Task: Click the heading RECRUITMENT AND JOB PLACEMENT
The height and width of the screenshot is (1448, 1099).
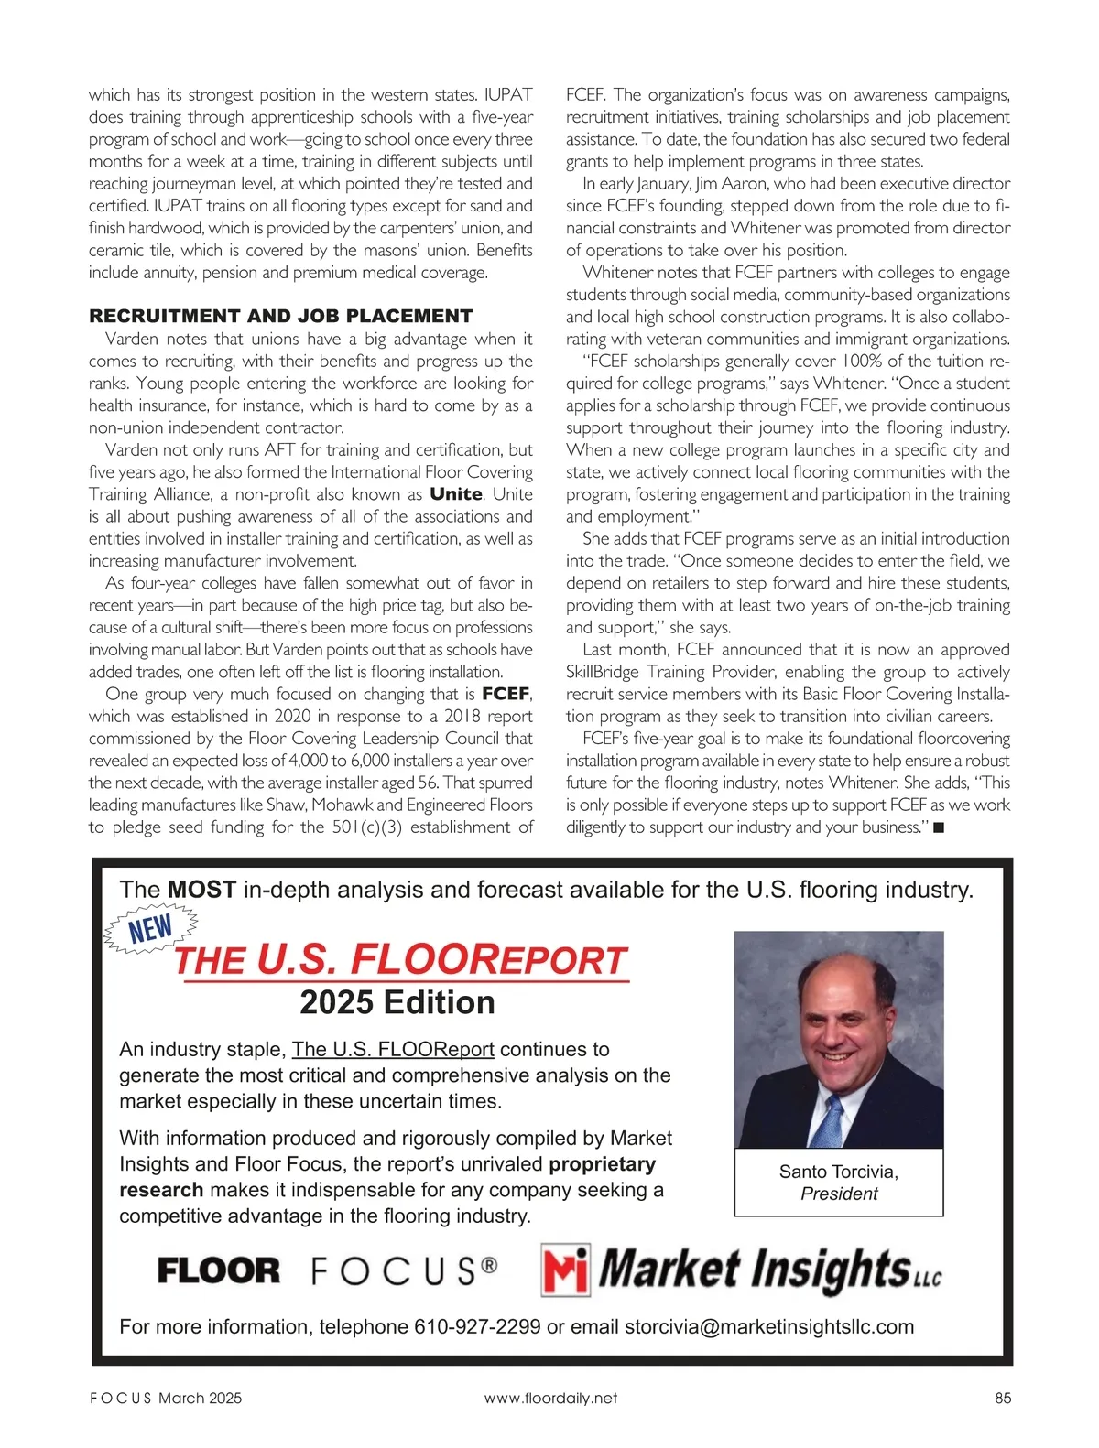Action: pos(280,317)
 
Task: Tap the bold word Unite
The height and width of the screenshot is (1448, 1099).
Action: pos(456,494)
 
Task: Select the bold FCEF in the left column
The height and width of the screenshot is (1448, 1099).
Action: pos(506,694)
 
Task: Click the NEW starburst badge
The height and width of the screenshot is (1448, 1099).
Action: pos(151,929)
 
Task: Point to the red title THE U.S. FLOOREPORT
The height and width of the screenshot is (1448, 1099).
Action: pos(400,960)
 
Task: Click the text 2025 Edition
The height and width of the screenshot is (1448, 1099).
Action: pos(397,1003)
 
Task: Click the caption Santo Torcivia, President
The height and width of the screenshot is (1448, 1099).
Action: pos(839,1183)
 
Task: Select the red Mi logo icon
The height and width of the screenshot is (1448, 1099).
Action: pos(565,1270)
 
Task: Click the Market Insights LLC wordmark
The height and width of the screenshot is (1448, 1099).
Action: pos(769,1270)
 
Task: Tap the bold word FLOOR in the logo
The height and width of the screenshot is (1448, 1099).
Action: pos(219,1270)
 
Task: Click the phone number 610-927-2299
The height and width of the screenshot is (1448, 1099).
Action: pos(477,1327)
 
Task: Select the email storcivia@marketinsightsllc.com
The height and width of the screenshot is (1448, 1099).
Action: pos(769,1327)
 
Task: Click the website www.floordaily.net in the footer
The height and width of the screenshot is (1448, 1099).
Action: pos(550,1398)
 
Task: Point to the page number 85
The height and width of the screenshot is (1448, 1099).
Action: pos(1002,1398)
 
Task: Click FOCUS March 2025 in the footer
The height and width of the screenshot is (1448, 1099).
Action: pos(166,1398)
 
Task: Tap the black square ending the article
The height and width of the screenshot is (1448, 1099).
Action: pos(938,827)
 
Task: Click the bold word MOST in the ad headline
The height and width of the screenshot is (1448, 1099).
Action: pos(202,890)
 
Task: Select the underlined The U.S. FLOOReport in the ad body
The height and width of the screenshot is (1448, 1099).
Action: pos(393,1049)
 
